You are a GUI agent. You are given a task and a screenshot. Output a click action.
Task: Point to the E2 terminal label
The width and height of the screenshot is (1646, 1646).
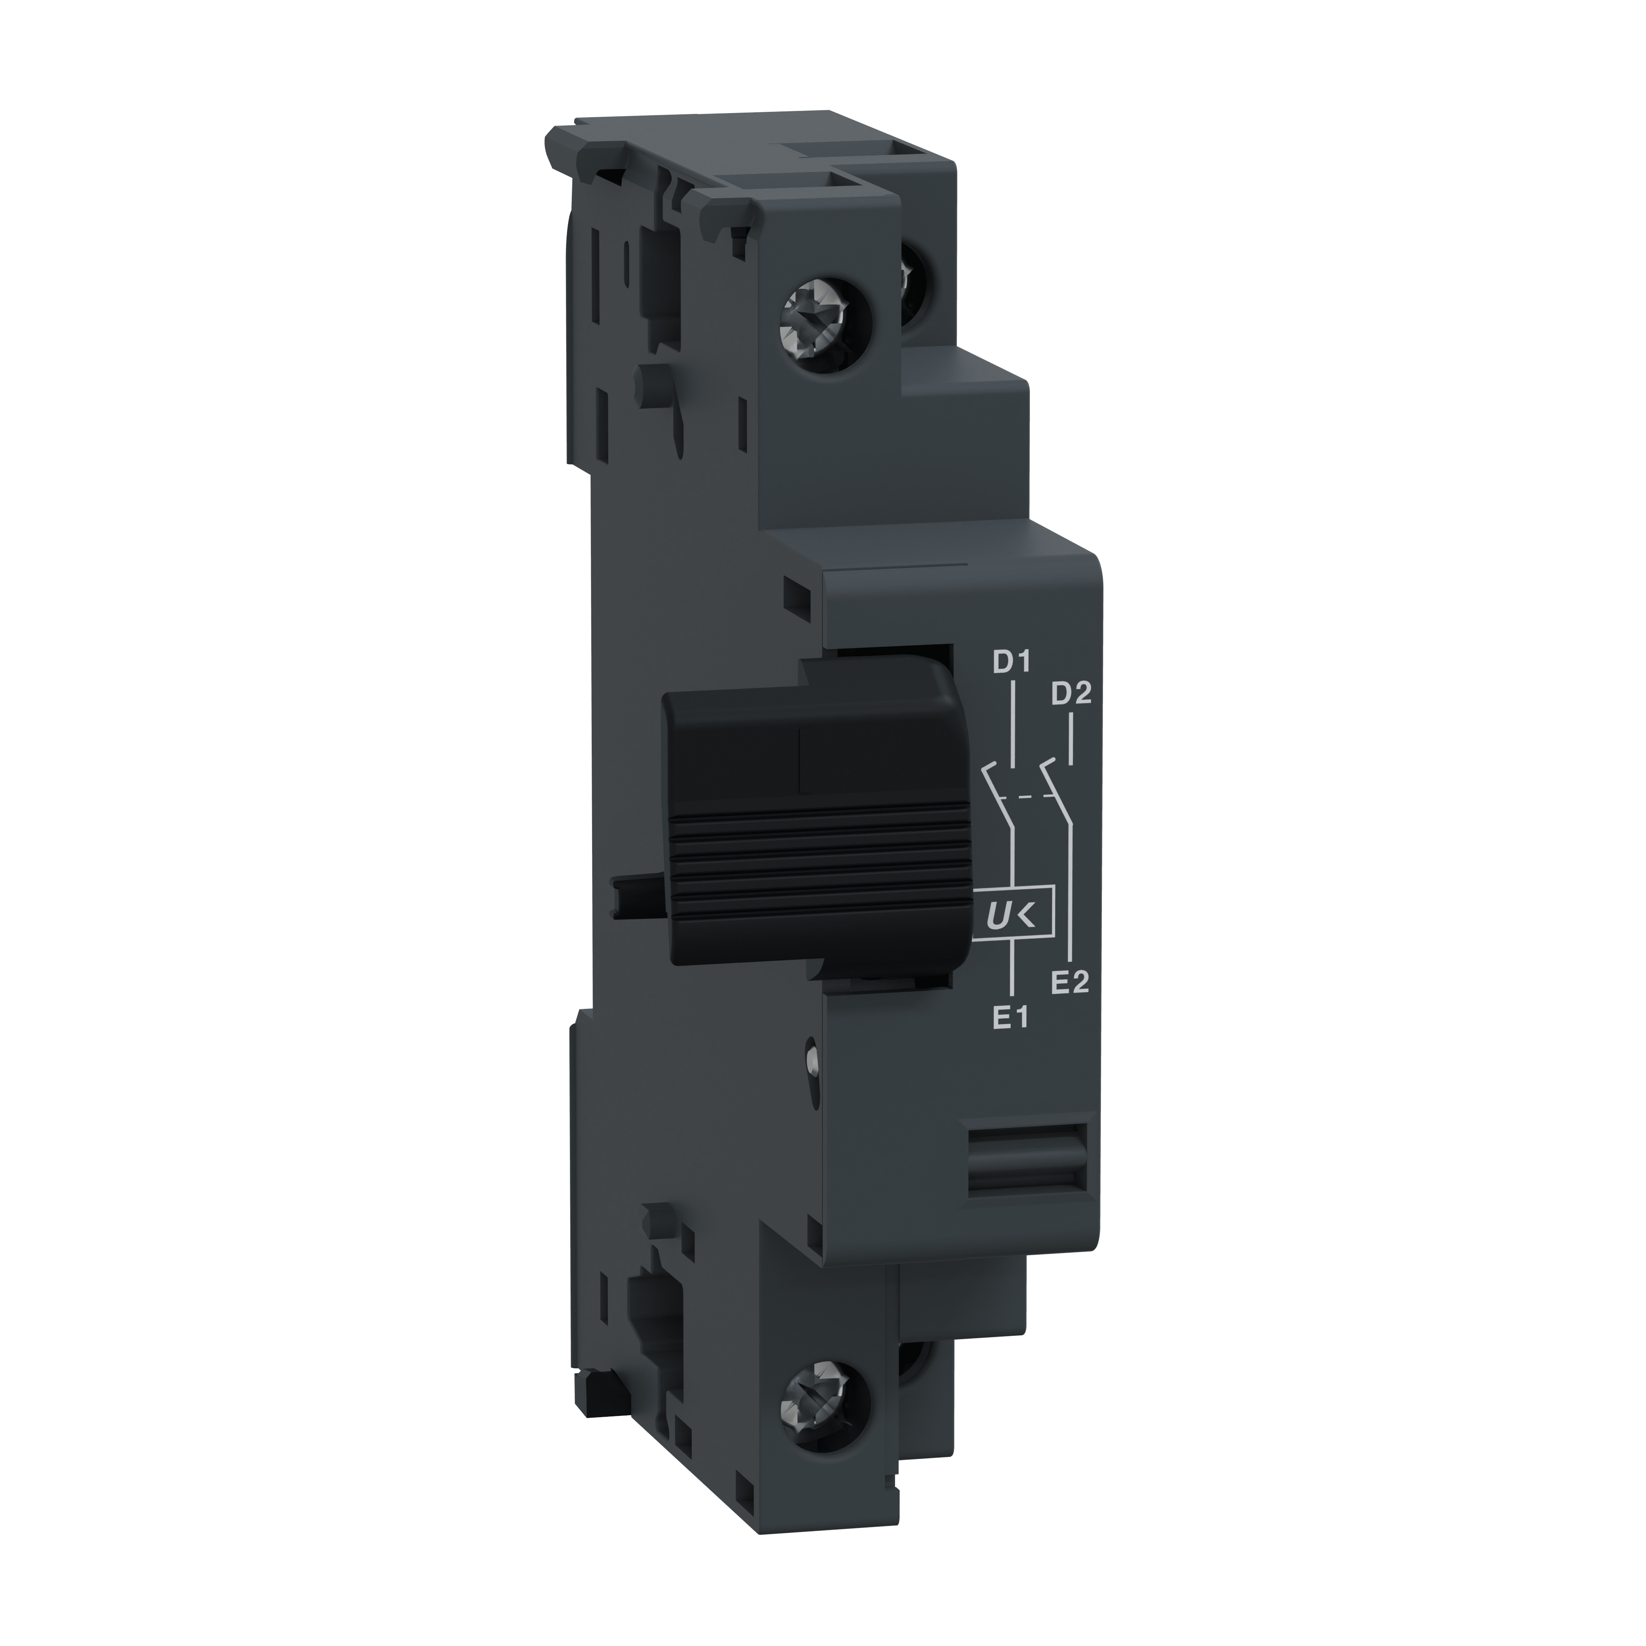coord(1070,982)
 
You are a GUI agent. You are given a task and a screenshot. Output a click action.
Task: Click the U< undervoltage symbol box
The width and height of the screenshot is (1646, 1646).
coord(1013,916)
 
